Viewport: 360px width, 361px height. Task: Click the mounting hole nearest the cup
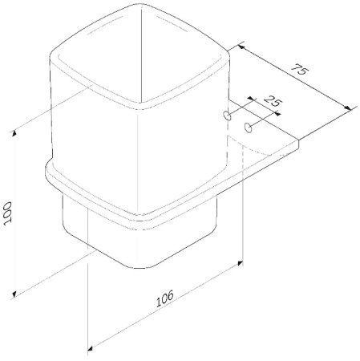click(x=229, y=117)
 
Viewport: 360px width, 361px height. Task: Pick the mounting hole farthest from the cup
click(x=249, y=127)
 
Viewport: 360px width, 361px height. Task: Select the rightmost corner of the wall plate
click(x=300, y=144)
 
